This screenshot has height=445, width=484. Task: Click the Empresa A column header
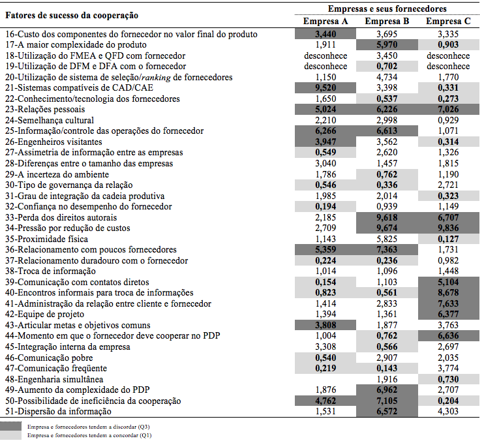pos(325,21)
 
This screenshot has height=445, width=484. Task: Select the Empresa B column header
pos(387,21)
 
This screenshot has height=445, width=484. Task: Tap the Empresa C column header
pos(448,21)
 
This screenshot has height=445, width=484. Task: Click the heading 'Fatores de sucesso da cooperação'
pos(72,16)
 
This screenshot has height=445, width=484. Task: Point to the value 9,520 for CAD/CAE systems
pos(325,87)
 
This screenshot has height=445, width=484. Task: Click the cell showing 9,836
pos(448,228)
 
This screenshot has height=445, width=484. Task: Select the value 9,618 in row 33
pos(387,217)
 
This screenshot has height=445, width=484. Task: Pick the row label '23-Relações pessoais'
pos(45,110)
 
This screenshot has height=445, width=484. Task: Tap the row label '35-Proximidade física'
pos(46,239)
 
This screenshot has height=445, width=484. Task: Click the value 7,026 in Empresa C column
pos(448,110)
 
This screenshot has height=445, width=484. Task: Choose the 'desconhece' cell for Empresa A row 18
pos(325,55)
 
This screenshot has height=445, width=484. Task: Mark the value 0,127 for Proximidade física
pos(448,239)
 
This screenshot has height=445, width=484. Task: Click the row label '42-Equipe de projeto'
pos(44,314)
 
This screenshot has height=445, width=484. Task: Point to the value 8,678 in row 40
pos(448,292)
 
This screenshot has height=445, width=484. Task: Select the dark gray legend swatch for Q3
pos(11,427)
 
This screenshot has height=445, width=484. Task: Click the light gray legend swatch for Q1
pos(11,435)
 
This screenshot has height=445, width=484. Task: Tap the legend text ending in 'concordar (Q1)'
pos(89,435)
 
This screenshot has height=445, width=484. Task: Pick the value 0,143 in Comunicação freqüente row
pos(387,368)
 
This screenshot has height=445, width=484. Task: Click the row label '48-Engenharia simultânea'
pos(54,379)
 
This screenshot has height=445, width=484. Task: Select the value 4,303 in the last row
pos(448,411)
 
